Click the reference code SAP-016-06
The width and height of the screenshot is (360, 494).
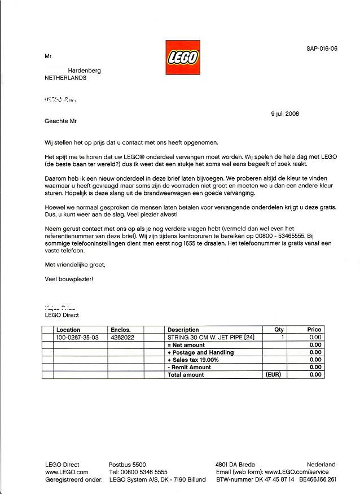point(322,49)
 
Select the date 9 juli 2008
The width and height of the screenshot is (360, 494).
point(285,113)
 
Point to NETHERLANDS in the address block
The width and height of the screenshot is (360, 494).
point(65,78)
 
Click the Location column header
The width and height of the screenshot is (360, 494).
point(68,330)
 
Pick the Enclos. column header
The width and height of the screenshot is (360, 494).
point(121,330)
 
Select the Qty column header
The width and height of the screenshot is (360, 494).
point(279,330)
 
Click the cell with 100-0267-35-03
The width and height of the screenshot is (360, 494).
point(77,337)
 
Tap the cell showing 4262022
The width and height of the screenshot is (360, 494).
point(122,337)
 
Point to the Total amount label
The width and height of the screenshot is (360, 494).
point(186,375)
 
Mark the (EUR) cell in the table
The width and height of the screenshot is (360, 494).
point(273,374)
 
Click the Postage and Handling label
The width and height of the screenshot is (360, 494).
point(200,352)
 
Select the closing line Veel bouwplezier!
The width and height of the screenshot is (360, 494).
point(68,279)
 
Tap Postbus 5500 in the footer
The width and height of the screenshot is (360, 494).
point(127,465)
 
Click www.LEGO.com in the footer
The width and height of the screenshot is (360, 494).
point(67,472)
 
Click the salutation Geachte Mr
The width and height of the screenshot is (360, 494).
point(60,121)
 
